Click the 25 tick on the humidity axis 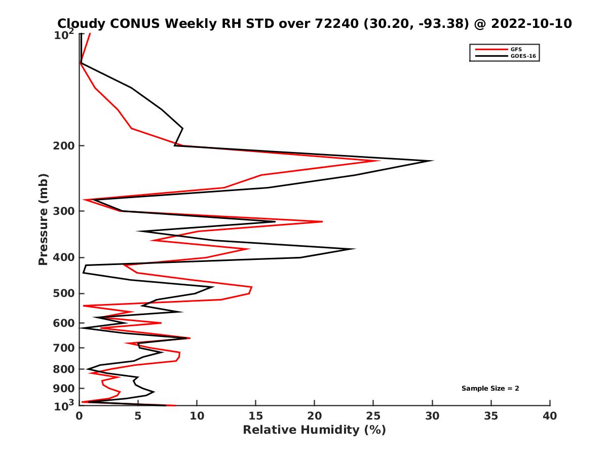[373, 416]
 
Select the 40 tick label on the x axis [550, 416]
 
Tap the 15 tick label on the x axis [256, 416]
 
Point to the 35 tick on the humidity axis [491, 416]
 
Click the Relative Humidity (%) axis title [314, 430]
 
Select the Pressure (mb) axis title [43, 219]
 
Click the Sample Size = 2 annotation [490, 389]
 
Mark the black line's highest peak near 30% [433, 161]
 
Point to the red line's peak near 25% [379, 161]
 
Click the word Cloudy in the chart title [80, 23]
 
